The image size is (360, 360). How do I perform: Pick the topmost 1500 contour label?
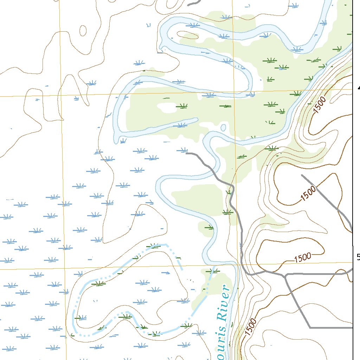point(320,104)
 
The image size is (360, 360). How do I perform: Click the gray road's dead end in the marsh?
point(187,153)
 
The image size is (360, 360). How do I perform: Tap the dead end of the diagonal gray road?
point(302,175)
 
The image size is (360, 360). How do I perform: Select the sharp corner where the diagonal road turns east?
point(310,327)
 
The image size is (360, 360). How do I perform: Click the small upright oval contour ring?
point(83,31)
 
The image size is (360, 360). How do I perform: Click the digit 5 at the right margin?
point(358,257)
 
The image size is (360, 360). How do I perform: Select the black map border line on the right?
point(353,141)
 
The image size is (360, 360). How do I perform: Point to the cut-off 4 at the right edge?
point(358,88)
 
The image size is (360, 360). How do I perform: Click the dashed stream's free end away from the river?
point(182,269)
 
